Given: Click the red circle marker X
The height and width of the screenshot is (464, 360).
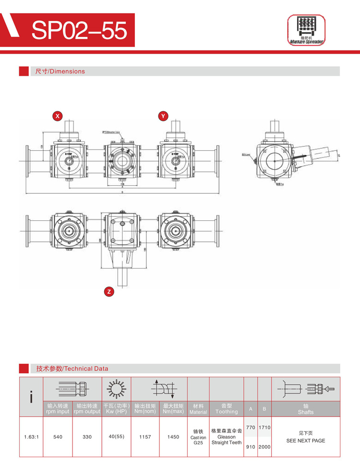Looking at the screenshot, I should (58, 116).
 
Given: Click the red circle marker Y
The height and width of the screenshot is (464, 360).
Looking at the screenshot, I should (163, 116).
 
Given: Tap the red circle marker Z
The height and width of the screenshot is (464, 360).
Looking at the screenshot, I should (109, 291).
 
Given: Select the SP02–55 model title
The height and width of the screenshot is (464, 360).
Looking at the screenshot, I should (79, 31).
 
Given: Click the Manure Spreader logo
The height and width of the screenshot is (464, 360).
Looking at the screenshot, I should (306, 30).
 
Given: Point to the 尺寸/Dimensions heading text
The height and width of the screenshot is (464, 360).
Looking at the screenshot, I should (60, 71).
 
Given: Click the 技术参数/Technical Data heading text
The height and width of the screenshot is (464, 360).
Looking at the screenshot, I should (72, 369).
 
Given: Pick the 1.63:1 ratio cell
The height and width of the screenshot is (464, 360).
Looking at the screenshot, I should (31, 437).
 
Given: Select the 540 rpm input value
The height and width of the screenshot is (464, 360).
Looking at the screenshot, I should (58, 437).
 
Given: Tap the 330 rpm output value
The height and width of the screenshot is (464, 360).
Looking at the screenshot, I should (87, 437).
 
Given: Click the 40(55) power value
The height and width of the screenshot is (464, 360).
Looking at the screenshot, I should (116, 437).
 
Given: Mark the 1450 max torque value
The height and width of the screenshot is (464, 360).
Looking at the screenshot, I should (173, 437).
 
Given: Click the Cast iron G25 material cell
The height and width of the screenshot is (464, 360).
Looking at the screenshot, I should (198, 437).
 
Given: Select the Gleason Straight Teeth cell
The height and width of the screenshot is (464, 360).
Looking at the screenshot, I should (227, 437).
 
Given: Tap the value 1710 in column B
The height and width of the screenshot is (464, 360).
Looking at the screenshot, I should (264, 427).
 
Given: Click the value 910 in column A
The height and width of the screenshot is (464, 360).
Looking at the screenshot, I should (251, 447).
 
